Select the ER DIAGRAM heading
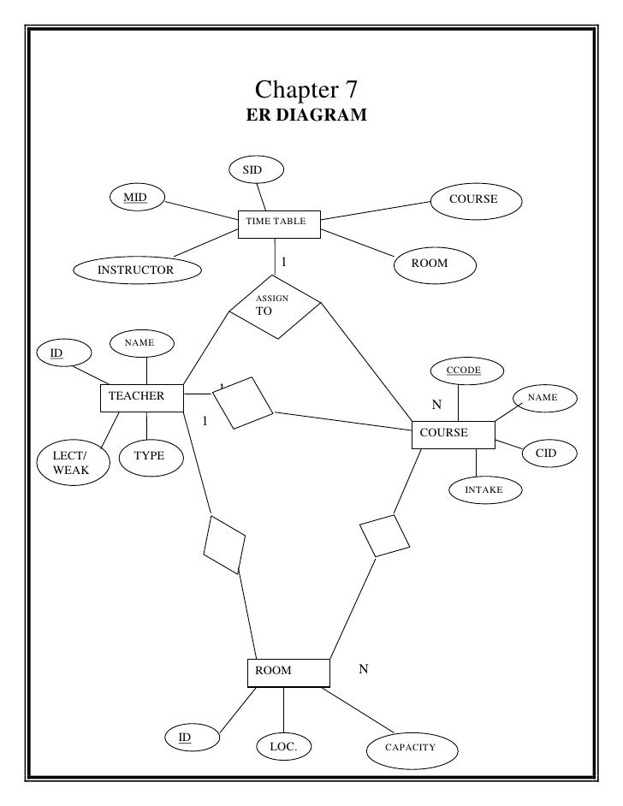coord(306,116)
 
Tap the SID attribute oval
coord(252,170)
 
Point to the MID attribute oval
coord(135,199)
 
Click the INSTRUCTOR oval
coord(135,270)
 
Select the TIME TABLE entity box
coord(279,222)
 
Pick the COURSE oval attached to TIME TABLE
coord(473,199)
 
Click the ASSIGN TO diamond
coord(275,306)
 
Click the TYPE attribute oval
coord(149,456)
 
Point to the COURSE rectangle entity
coord(453,434)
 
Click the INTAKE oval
coord(484,489)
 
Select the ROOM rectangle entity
coord(288,672)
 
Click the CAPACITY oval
coord(411,748)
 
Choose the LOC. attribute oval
coord(283,747)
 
